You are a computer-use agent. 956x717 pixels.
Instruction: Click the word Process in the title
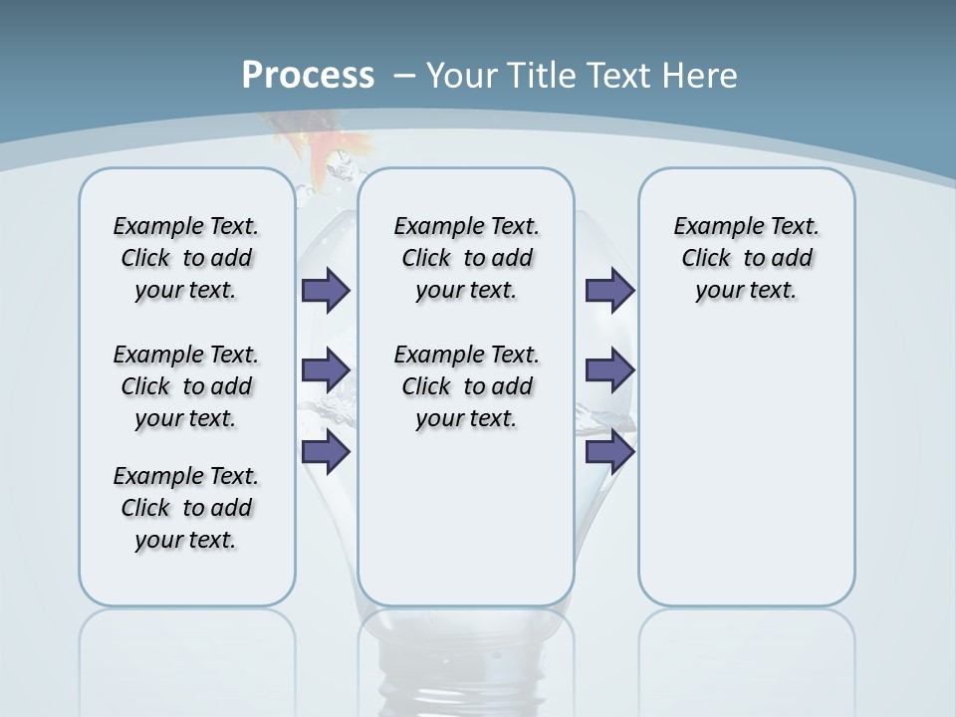(x=308, y=76)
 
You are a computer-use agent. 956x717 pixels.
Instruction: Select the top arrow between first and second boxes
(x=326, y=290)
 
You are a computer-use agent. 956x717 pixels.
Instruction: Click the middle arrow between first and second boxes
(x=326, y=370)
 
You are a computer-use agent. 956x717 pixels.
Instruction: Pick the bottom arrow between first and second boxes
(x=326, y=451)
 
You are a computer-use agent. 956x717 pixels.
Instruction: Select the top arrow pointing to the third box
(x=609, y=290)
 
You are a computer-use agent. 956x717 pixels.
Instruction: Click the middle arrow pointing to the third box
(x=609, y=370)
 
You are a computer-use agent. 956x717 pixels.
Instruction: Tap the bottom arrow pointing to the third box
(x=609, y=452)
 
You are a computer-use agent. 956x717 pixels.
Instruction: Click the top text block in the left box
(x=186, y=258)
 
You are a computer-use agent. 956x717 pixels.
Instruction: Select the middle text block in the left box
(x=186, y=386)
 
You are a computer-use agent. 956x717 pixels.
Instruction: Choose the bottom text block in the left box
(x=186, y=508)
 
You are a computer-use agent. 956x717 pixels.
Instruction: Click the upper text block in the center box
(x=466, y=258)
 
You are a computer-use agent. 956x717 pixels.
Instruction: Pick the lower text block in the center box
(x=466, y=386)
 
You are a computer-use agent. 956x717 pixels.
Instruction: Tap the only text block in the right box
(x=746, y=258)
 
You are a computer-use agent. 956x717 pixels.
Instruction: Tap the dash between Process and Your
(x=404, y=76)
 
